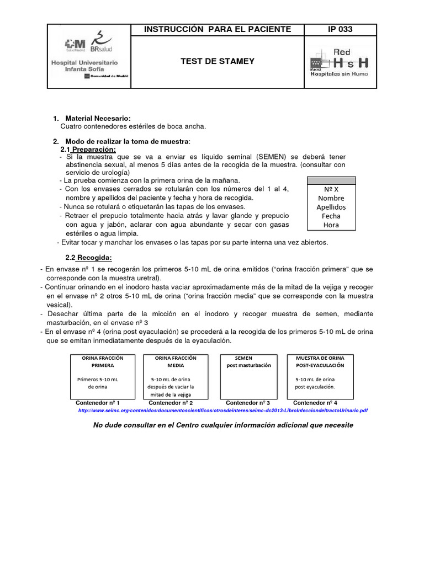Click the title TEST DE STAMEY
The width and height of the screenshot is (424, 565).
pyautogui.click(x=218, y=61)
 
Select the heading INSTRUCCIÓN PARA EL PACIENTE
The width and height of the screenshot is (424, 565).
pyautogui.click(x=218, y=29)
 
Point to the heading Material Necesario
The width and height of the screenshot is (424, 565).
pyautogui.click(x=98, y=119)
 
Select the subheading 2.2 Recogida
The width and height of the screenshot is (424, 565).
pyautogui.click(x=88, y=258)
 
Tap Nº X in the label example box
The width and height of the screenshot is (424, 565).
pyautogui.click(x=331, y=189)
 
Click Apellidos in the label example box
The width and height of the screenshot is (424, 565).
pyautogui.click(x=331, y=207)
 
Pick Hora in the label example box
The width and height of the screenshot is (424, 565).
pyautogui.click(x=331, y=225)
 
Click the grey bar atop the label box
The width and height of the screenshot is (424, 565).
pyautogui.click(x=331, y=180)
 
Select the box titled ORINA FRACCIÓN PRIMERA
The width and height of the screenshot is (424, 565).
pyautogui.click(x=103, y=377)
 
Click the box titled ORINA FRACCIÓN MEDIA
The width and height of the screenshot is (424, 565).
pyautogui.click(x=176, y=377)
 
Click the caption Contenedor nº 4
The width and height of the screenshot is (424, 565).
pyautogui.click(x=315, y=403)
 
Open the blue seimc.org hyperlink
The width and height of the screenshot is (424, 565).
pyautogui.click(x=223, y=411)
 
